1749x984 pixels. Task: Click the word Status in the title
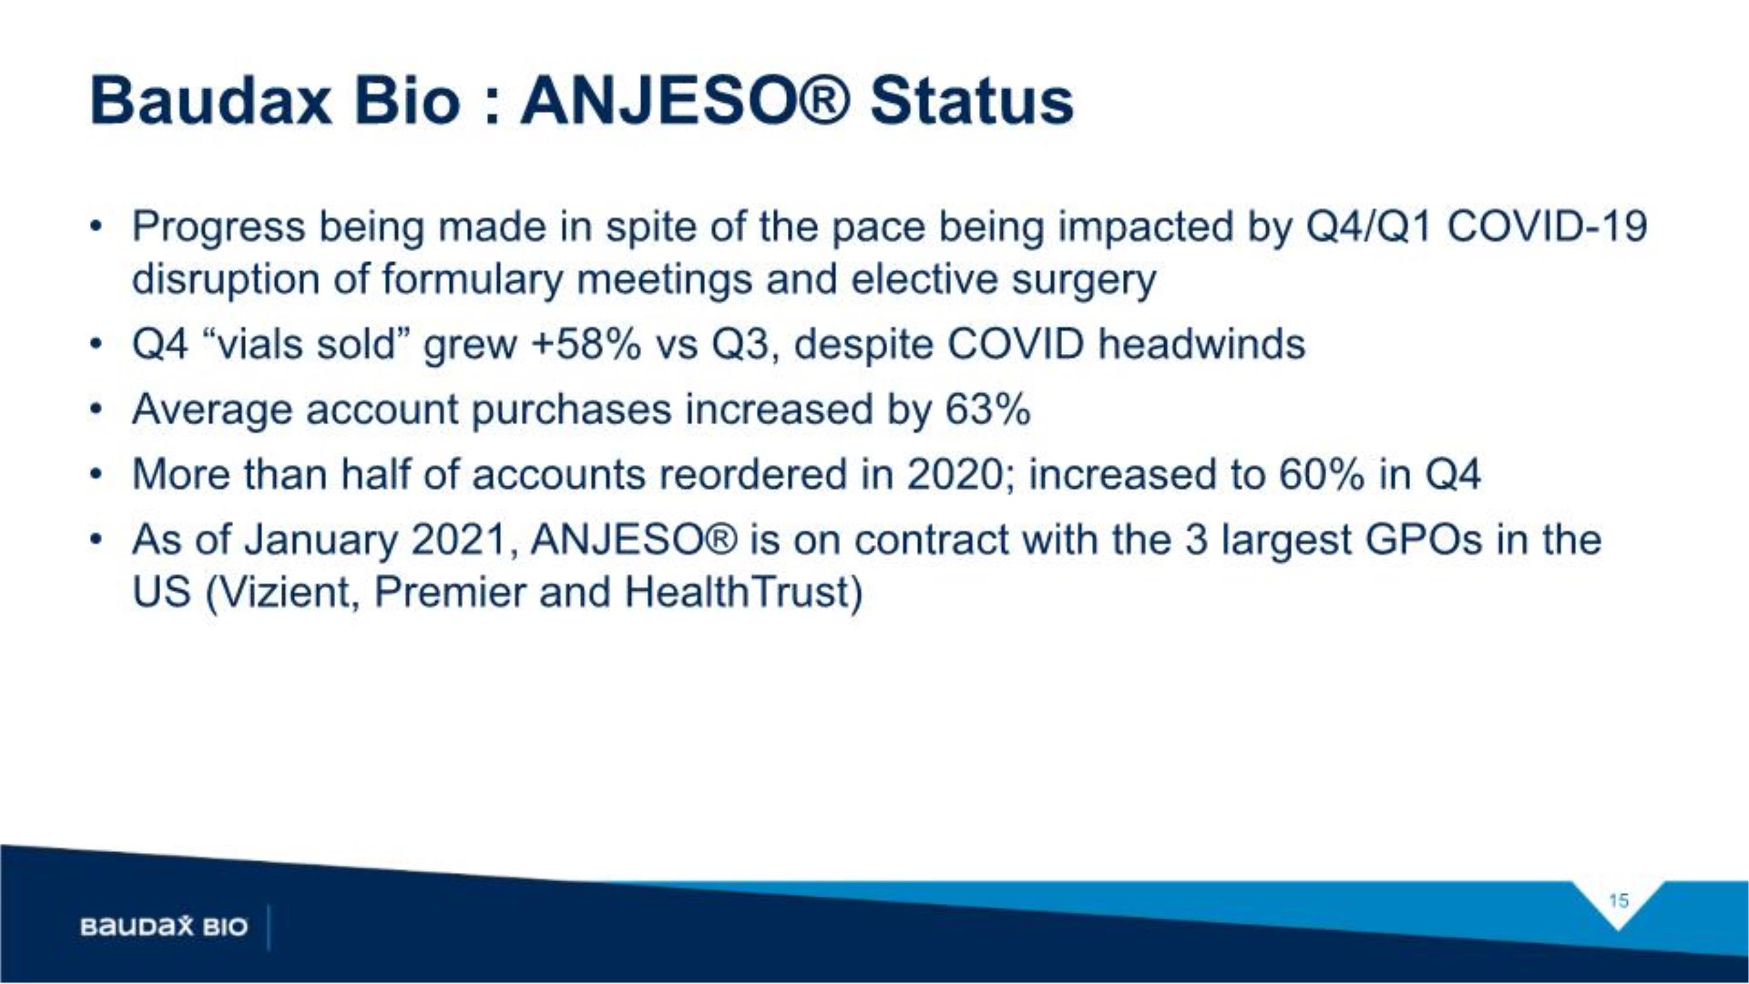click(972, 102)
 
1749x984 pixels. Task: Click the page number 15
click(1618, 901)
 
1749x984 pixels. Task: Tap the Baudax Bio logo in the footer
click(164, 926)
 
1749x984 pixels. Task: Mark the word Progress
click(219, 227)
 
